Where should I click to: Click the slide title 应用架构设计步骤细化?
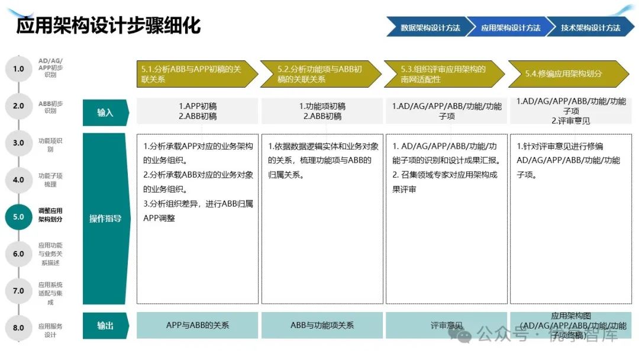click(x=108, y=26)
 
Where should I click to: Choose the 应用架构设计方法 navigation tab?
click(x=509, y=27)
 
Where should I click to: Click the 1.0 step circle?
click(x=18, y=69)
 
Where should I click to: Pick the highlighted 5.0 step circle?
click(x=18, y=217)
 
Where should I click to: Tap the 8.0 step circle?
click(x=18, y=327)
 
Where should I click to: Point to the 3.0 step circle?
click(x=18, y=143)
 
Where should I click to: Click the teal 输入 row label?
click(x=105, y=112)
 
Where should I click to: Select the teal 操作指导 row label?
click(x=105, y=218)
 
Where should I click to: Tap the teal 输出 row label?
click(x=105, y=326)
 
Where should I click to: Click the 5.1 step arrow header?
click(x=195, y=74)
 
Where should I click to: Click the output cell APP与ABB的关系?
click(x=198, y=326)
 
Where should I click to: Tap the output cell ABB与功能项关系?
click(x=322, y=326)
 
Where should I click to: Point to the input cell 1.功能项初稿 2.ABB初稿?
click(x=322, y=111)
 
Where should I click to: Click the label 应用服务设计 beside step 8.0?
click(x=50, y=330)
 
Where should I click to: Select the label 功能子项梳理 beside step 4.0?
click(x=50, y=180)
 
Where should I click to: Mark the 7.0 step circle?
click(x=18, y=291)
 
